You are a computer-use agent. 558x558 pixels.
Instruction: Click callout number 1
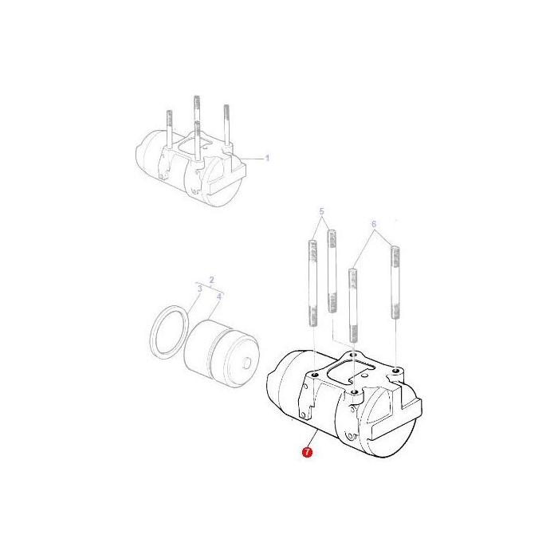coord(267,158)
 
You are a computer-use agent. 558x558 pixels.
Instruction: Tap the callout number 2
coord(210,280)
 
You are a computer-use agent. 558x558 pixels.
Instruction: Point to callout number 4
coord(218,296)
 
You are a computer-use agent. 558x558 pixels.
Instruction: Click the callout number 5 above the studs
coord(322,212)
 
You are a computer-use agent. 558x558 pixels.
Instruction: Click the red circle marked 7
coord(306,453)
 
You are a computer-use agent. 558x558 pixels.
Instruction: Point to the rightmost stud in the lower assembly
coord(394,283)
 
